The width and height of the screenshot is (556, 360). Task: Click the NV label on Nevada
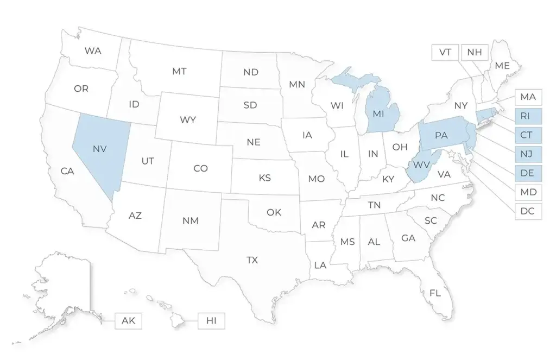(x=99, y=148)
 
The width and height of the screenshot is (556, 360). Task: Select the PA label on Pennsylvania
(x=441, y=135)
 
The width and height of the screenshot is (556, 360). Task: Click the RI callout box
(x=528, y=116)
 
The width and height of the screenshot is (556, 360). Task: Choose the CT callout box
(x=528, y=135)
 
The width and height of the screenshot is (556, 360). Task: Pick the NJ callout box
(x=528, y=154)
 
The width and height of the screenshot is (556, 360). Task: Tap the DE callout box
(x=528, y=173)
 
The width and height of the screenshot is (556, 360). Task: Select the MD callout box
(x=528, y=192)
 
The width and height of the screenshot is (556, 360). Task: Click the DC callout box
(x=528, y=211)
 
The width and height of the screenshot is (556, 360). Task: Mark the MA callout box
(x=528, y=97)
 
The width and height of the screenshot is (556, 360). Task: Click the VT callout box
(x=445, y=52)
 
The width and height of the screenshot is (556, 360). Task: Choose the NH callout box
(x=475, y=52)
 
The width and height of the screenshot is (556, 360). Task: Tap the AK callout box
(x=128, y=320)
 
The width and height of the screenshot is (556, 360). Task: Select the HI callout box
(x=211, y=320)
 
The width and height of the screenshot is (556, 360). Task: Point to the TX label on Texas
(x=252, y=260)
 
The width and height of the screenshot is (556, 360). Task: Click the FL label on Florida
(x=435, y=293)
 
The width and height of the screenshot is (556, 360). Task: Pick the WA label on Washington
(x=93, y=50)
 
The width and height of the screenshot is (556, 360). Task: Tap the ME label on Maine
(x=502, y=65)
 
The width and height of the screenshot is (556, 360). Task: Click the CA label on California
(x=67, y=171)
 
